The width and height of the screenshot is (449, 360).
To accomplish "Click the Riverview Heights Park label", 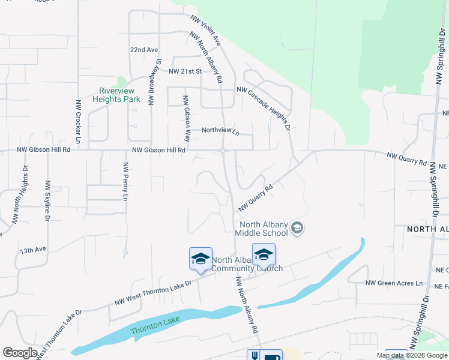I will [x=116, y=95].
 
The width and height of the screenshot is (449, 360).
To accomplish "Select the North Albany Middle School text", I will [x=262, y=229].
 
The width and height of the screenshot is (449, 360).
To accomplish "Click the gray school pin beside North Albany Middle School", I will [x=297, y=228].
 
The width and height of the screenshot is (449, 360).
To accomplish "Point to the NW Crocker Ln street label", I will [x=78, y=123].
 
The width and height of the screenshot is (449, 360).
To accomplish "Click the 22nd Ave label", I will [x=144, y=50].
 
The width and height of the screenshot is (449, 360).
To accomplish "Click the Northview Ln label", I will [x=220, y=130].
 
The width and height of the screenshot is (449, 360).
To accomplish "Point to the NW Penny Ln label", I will [x=125, y=181].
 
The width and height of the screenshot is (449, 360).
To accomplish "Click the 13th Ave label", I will [x=32, y=250].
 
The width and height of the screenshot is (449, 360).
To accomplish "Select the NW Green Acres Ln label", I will [x=394, y=283].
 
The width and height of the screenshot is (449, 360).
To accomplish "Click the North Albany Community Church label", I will [x=246, y=264].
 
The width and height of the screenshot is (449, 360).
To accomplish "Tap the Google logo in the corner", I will [x=20, y=353].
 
